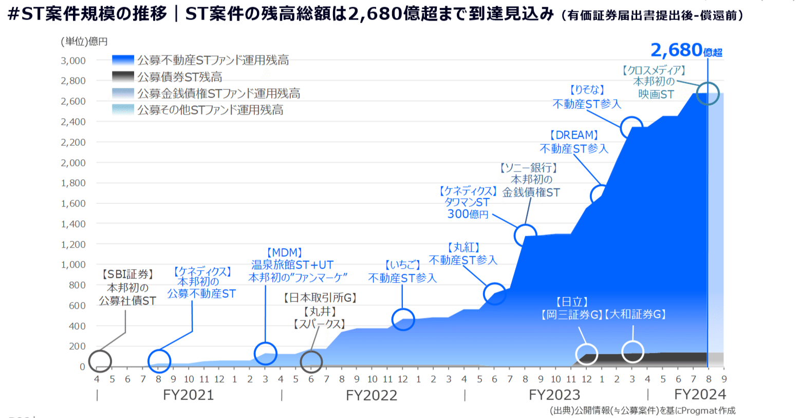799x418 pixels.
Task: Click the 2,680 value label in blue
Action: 676,50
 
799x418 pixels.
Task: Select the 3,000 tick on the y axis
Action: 73,61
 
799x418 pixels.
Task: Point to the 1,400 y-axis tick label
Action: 73,224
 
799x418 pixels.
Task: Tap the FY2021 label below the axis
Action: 189,395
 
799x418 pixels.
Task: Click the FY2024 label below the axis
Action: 700,394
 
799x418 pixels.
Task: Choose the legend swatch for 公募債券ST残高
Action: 123,77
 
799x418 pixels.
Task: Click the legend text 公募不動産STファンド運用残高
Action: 213,61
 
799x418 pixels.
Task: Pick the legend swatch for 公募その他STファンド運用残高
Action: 123,110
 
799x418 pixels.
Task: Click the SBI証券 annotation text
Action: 127,275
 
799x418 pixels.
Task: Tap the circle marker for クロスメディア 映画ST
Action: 708,94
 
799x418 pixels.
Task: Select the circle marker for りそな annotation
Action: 631,128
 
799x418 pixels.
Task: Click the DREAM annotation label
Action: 574,135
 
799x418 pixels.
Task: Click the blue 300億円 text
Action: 468,214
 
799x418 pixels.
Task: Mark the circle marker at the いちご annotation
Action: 403,319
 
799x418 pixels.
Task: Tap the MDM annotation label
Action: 285,253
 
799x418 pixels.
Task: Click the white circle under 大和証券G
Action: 633,352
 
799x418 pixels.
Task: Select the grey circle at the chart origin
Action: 100,361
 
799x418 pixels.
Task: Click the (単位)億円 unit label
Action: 84,42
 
